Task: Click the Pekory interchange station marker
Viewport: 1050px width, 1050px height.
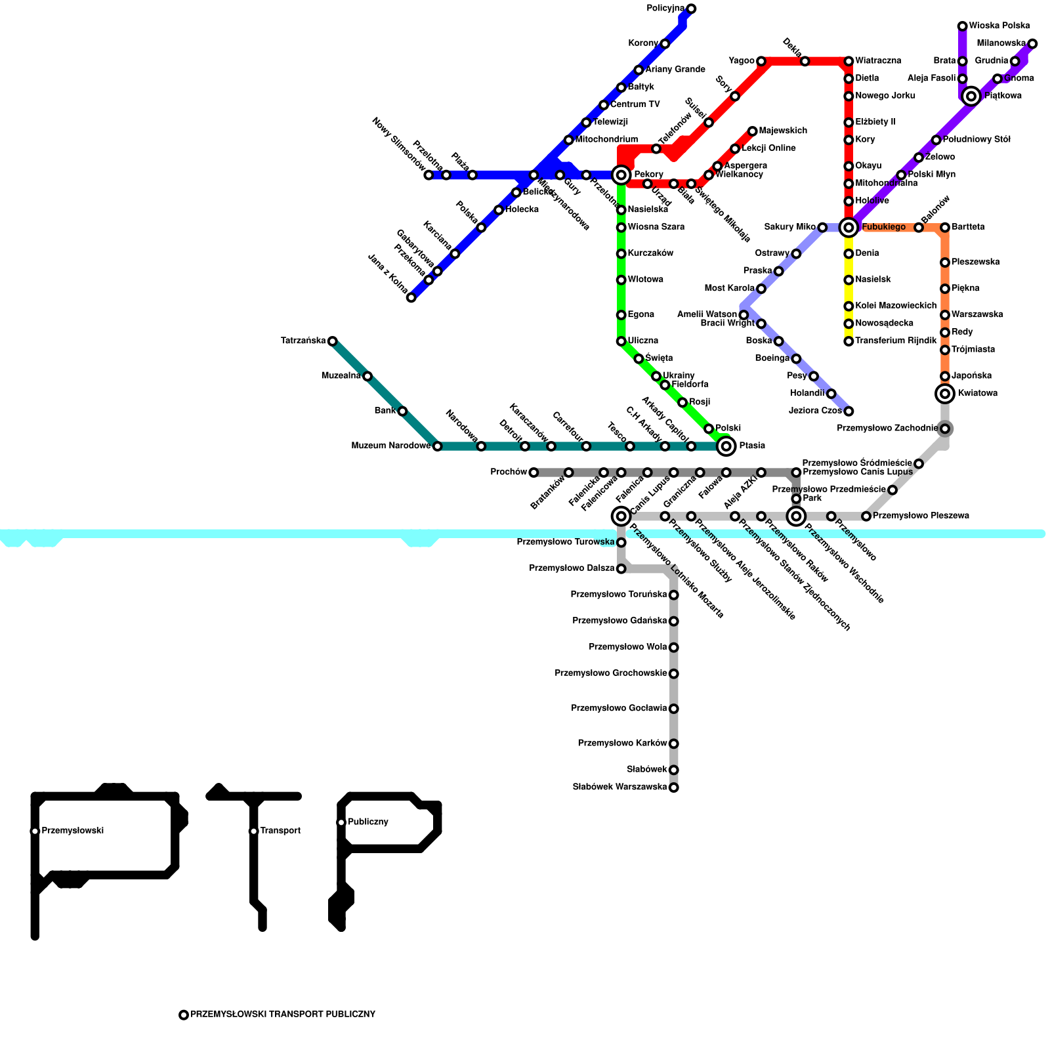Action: pos(621,175)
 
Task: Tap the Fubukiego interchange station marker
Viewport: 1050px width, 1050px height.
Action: pos(849,228)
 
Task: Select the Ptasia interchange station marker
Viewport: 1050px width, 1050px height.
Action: pos(726,446)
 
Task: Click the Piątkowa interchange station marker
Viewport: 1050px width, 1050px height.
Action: pos(971,96)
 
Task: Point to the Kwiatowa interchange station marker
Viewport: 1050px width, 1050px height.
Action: pos(945,394)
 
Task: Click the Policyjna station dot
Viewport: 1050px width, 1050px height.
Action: pos(691,9)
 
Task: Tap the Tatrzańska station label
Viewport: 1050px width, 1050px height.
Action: pos(303,341)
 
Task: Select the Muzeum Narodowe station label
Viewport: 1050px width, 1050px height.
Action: pos(391,446)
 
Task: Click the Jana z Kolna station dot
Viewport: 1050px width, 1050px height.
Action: pos(411,298)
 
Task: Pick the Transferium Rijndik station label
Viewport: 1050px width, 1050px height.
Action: pos(896,341)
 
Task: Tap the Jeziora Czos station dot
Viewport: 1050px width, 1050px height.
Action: pos(849,411)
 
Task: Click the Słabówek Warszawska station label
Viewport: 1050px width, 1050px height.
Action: pos(619,787)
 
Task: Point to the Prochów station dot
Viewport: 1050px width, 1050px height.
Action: pos(534,472)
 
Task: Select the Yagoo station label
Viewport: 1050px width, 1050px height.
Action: pos(742,61)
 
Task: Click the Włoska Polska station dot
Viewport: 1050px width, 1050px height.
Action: pos(962,26)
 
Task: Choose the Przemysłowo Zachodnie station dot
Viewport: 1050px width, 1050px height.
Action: pos(945,429)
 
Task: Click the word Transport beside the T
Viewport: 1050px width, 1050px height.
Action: pos(280,831)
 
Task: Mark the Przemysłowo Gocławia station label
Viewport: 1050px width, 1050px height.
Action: pos(619,709)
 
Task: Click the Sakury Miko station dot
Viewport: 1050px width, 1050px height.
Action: pos(822,228)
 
